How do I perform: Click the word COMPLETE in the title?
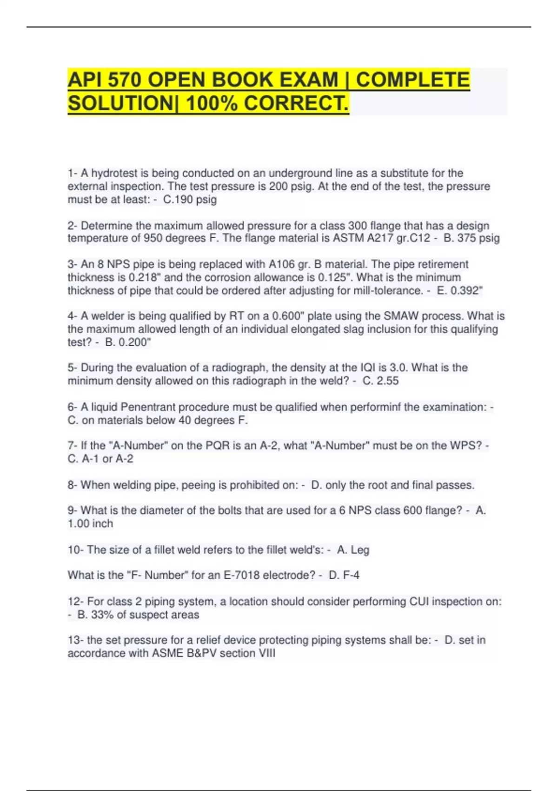click(413, 80)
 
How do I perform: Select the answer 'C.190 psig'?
click(190, 200)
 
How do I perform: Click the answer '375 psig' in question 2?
click(478, 238)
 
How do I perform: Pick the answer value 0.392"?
click(466, 291)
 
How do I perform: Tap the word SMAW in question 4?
click(399, 316)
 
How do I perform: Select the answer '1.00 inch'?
click(90, 523)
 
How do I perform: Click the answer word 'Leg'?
click(360, 550)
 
